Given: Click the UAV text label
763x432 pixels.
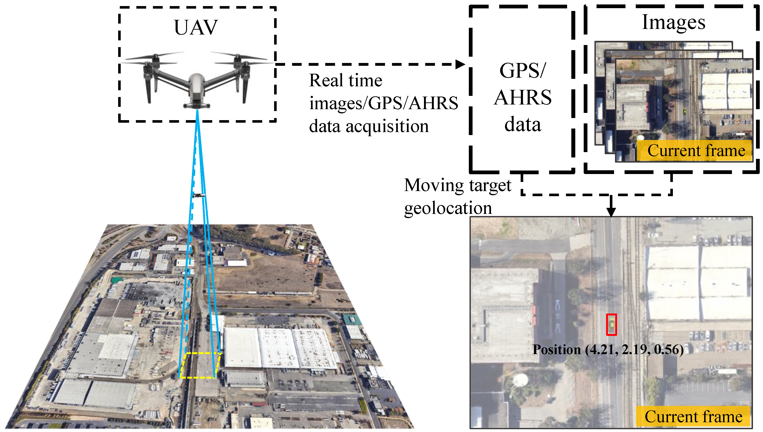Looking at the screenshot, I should tap(196, 28).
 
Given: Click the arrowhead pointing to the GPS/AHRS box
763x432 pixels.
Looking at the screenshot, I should tap(460, 64).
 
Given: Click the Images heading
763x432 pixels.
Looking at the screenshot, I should tap(674, 22).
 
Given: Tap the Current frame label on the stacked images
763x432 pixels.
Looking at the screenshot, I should tap(696, 151).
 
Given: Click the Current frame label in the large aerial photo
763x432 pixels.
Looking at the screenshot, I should tap(693, 417).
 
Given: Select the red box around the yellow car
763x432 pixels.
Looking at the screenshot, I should tap(611, 325).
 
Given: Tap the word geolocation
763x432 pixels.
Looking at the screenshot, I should tap(448, 208).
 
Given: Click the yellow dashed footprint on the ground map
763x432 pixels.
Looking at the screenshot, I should tap(200, 365).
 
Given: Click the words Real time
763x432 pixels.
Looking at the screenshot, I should tap(346, 80).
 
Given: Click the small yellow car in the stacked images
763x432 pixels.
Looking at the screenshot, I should tap(684, 111).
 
